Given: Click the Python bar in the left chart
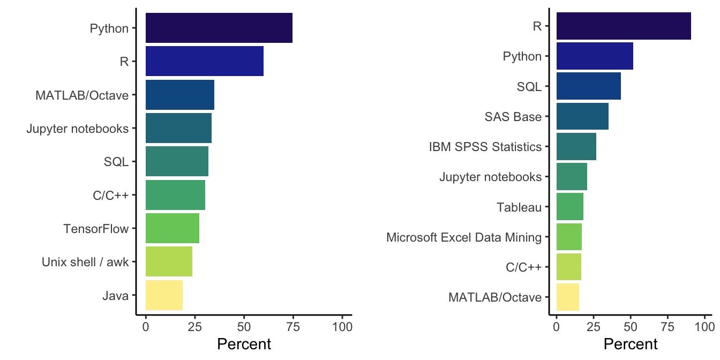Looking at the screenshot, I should [219, 28].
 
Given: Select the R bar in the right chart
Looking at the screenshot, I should [624, 25].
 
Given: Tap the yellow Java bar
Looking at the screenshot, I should [164, 295].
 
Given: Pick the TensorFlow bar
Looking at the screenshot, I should [172, 228].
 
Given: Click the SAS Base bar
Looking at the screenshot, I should [582, 116].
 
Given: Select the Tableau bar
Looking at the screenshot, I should [569, 207].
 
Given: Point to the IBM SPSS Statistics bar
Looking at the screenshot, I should [576, 146].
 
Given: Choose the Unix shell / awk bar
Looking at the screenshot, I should [169, 261].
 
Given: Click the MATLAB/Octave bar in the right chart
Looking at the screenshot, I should [568, 297].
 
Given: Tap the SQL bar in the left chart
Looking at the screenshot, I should [177, 161].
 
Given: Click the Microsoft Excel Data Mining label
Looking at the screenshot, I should [464, 237].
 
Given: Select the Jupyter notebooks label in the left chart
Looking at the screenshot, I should [78, 129].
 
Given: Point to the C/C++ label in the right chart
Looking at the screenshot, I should [523, 267].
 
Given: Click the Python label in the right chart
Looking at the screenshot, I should [522, 56].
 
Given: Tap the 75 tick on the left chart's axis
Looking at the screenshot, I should [293, 326].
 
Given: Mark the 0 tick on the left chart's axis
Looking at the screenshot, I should [146, 326].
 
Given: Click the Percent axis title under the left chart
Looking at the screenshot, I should [244, 344].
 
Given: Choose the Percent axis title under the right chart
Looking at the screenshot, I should [631, 344].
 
